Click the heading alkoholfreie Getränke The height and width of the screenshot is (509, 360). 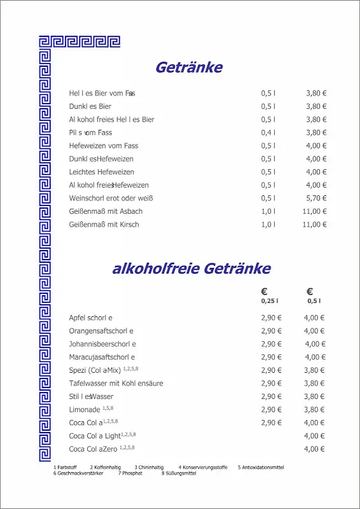(191, 268)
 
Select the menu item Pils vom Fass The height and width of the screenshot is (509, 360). (90, 132)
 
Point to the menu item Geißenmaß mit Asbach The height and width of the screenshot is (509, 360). (106, 211)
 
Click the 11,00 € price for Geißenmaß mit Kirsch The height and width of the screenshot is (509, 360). (314, 225)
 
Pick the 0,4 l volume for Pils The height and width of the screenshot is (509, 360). (268, 132)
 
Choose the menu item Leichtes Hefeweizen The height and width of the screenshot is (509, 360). (101, 172)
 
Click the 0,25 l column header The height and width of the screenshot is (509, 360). (270, 301)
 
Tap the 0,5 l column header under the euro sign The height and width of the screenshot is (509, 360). (314, 301)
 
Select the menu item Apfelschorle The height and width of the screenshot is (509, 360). (90, 317)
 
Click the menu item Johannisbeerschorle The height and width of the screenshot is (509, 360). (102, 344)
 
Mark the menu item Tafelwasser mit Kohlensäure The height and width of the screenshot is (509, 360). (116, 384)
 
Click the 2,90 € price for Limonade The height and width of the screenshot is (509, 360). (271, 410)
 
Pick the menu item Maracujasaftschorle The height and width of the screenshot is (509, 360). (102, 358)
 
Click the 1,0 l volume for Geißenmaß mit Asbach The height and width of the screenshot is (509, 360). (268, 211)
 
